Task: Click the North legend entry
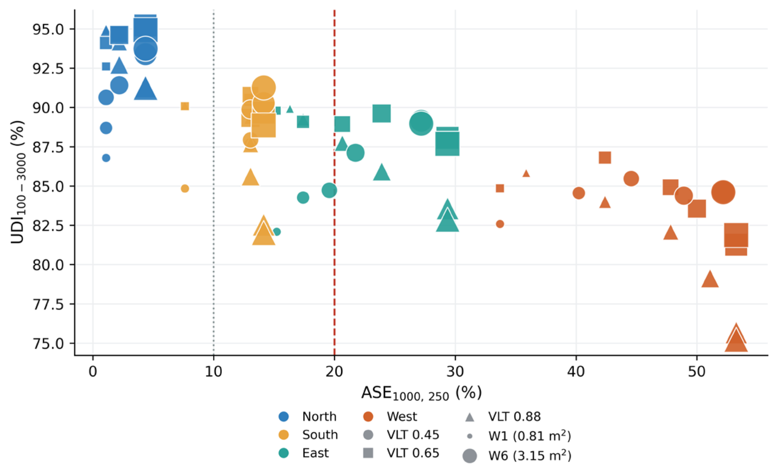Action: click(308, 416)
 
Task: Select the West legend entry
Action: click(390, 416)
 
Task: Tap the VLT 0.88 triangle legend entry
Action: click(503, 416)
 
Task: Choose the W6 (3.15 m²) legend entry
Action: click(517, 456)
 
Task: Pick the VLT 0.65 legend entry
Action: click(401, 453)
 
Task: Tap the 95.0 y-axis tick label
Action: click(48, 29)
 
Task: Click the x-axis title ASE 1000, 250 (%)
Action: click(422, 393)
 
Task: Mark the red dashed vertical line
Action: click(334, 183)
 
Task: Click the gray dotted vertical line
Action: click(214, 183)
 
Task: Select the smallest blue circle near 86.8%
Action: click(106, 158)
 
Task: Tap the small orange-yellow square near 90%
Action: click(185, 106)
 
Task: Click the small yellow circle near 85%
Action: click(185, 189)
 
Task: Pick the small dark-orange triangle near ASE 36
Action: click(526, 174)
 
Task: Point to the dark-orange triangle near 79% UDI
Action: click(710, 279)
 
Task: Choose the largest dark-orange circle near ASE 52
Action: click(723, 192)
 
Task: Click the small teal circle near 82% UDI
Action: click(277, 232)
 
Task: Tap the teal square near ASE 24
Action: click(382, 113)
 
